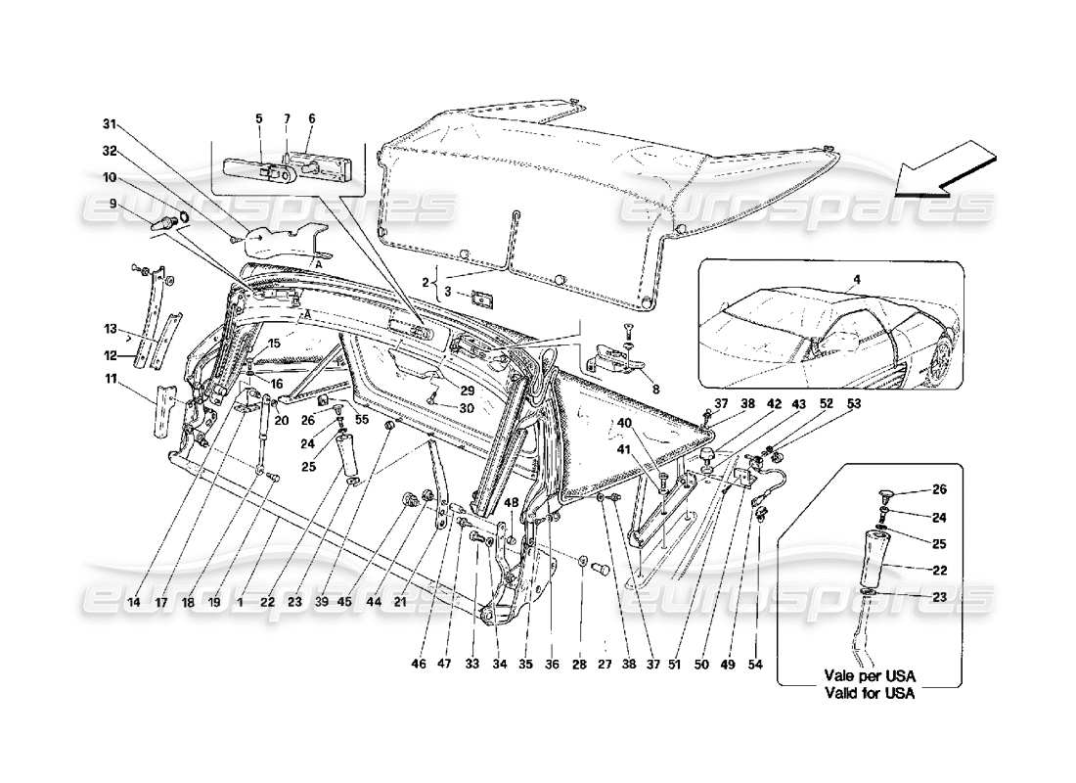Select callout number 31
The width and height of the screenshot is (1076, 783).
pos(110,124)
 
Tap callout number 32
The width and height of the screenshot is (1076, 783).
pos(110,151)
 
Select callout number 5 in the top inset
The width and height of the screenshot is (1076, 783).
pos(259,118)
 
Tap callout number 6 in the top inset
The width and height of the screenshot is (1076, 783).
pos(311,118)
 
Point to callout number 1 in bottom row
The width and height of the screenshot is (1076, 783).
pos(240,604)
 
